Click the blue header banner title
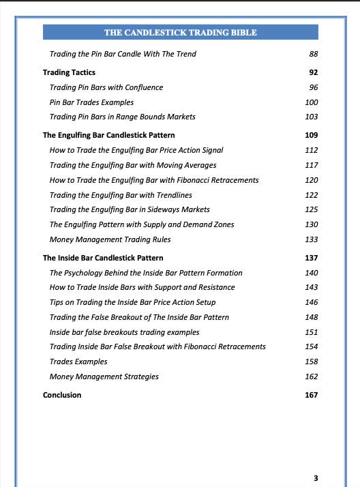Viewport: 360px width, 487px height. [x=180, y=32]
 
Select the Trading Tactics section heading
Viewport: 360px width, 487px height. [x=69, y=72]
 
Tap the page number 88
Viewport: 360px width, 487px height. [x=313, y=54]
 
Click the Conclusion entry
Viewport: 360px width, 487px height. [x=62, y=395]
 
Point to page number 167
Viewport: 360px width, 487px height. [x=312, y=395]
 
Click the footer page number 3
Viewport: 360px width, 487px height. [x=315, y=477]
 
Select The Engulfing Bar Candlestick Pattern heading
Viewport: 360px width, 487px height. [x=108, y=135]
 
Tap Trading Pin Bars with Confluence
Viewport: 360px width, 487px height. [x=106, y=87]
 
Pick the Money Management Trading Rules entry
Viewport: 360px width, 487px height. [x=110, y=239]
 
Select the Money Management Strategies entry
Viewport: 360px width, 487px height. [x=104, y=377]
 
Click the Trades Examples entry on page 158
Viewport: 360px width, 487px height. [x=78, y=361]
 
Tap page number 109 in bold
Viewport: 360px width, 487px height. [x=312, y=135]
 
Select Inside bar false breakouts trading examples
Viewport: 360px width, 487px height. [x=125, y=332]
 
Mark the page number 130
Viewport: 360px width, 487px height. [x=312, y=224]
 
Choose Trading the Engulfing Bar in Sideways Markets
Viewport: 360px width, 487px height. [x=130, y=209]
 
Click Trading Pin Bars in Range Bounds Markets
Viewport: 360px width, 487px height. [x=123, y=117]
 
